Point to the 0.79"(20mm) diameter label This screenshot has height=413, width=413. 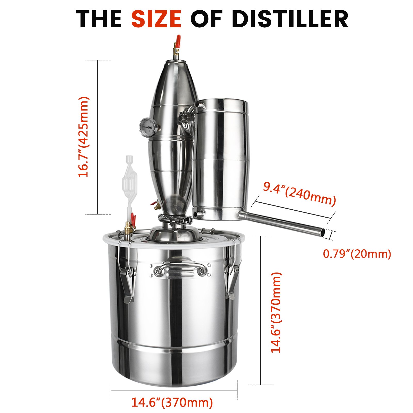tap(357, 254)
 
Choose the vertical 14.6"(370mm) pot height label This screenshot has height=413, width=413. tap(276, 313)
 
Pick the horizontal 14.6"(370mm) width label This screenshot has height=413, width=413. tap(172, 402)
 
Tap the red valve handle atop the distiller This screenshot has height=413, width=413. tap(178, 42)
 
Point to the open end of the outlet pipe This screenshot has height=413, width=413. tap(323, 233)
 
